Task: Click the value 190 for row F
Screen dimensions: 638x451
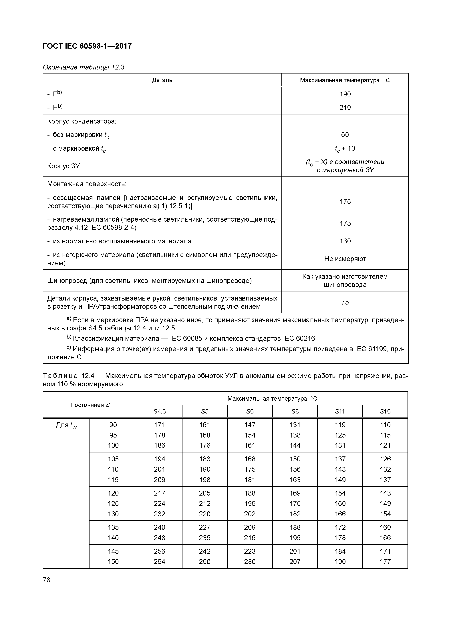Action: point(345,94)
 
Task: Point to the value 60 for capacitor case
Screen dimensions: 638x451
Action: point(345,135)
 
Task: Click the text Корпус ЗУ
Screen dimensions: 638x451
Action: point(63,166)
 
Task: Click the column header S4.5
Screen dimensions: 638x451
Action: point(160,411)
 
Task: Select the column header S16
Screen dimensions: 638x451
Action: point(385,411)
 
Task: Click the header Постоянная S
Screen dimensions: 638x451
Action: point(90,405)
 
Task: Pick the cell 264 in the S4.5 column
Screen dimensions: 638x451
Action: point(160,562)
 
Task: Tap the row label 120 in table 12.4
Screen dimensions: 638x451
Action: point(113,493)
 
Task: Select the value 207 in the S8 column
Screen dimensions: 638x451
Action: point(295,562)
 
